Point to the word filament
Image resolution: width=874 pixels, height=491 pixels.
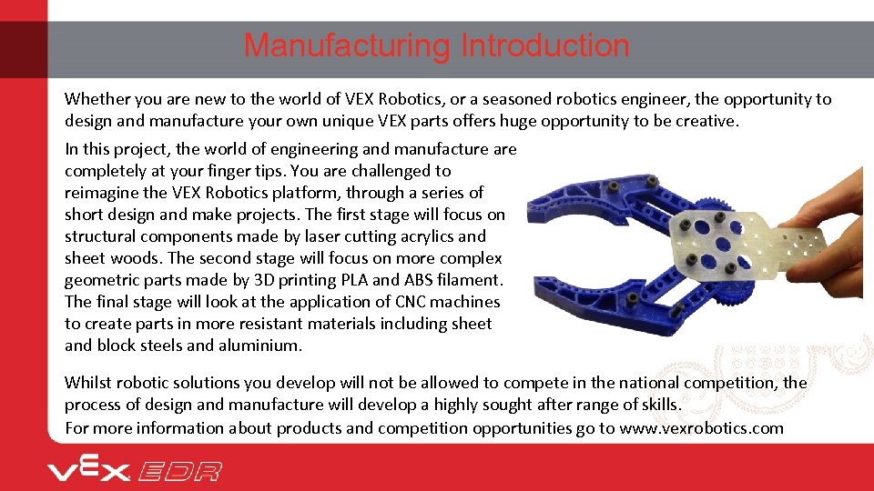click(466, 280)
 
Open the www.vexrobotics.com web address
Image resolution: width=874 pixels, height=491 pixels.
click(701, 427)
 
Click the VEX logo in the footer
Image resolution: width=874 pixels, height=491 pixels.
click(88, 471)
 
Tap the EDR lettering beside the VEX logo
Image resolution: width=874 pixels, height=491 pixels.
click(179, 471)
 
